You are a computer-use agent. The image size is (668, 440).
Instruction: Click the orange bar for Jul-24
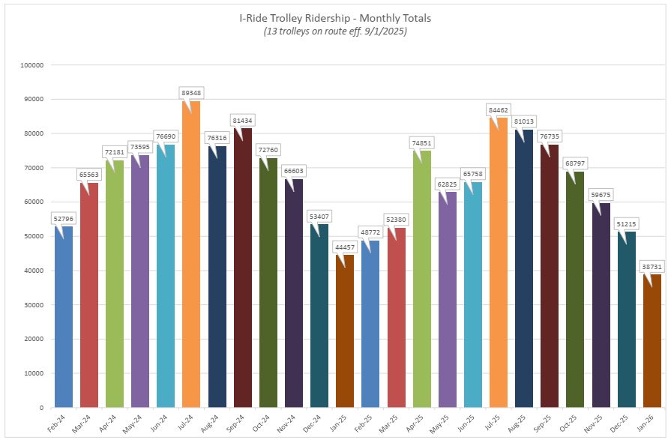[x=191, y=255]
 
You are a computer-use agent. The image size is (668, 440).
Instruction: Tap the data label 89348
[x=191, y=92]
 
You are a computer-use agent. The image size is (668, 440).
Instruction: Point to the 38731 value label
[x=652, y=265]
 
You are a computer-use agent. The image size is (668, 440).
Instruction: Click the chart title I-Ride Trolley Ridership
[x=334, y=17]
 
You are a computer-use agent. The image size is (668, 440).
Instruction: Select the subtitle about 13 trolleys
[x=334, y=31]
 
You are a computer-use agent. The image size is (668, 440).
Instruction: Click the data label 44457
[x=345, y=247]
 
